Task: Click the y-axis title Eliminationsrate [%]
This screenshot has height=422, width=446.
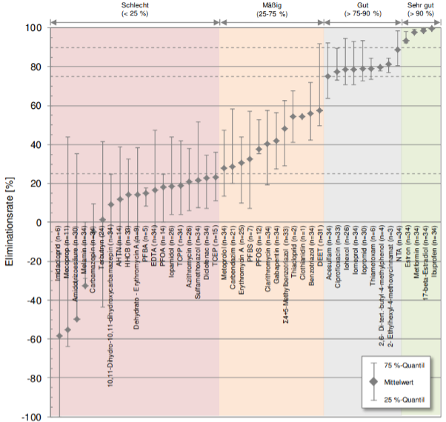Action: (10, 222)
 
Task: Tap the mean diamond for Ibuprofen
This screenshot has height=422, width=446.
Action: (432, 29)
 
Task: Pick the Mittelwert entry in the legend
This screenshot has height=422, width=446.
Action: (407, 381)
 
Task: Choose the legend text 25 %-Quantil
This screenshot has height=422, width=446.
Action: (410, 398)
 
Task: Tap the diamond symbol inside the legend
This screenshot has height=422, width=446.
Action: (374, 381)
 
